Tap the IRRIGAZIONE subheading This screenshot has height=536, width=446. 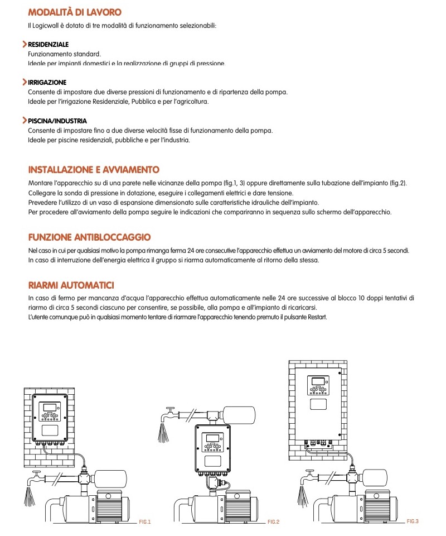point(47,82)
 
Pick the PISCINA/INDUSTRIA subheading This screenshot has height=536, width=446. point(57,121)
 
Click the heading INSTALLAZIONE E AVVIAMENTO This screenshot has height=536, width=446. point(94,170)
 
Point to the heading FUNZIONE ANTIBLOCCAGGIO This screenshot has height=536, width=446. point(89,237)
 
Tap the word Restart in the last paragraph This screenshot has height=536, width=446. point(316,317)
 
